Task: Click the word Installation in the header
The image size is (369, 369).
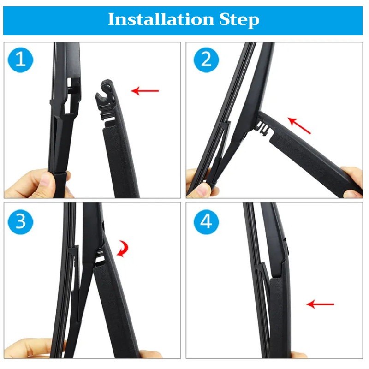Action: pyautogui.click(x=161, y=19)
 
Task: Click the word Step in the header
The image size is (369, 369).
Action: pyautogui.click(x=239, y=20)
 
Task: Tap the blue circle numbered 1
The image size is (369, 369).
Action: pyautogui.click(x=20, y=60)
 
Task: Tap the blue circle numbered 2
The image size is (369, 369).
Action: pyautogui.click(x=206, y=60)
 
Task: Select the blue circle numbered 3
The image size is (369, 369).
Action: pyautogui.click(x=20, y=222)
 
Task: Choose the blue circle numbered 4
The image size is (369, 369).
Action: pyautogui.click(x=206, y=222)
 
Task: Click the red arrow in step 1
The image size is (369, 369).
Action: pyautogui.click(x=145, y=91)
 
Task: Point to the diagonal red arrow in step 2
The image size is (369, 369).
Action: pyautogui.click(x=299, y=125)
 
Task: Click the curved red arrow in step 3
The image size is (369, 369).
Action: pyautogui.click(x=123, y=249)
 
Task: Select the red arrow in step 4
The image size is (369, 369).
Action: pyautogui.click(x=320, y=304)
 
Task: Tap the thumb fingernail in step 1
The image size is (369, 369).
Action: pyautogui.click(x=45, y=179)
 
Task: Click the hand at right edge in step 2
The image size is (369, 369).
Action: pyautogui.click(x=352, y=182)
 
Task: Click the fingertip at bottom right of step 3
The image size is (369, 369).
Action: pyautogui.click(x=149, y=354)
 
